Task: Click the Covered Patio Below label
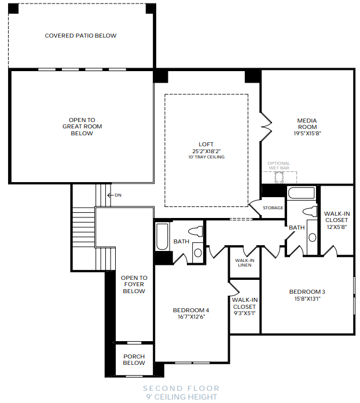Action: pyautogui.click(x=80, y=36)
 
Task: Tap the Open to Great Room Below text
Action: pyautogui.click(x=82, y=126)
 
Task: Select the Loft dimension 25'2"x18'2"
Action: pyautogui.click(x=206, y=151)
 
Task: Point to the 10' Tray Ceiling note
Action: pyautogui.click(x=206, y=157)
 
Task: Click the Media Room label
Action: pyautogui.click(x=307, y=124)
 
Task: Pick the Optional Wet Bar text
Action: pyautogui.click(x=279, y=165)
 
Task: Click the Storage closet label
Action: pyautogui.click(x=273, y=208)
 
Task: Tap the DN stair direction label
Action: pyautogui.click(x=118, y=195)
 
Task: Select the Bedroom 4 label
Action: pyautogui.click(x=191, y=310)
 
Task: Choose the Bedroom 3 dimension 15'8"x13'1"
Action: pyautogui.click(x=307, y=299)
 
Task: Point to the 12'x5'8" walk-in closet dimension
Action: pyautogui.click(x=336, y=227)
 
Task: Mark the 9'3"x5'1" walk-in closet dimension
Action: pyautogui.click(x=244, y=313)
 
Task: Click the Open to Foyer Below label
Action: pyautogui.click(x=134, y=284)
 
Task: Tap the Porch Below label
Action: pyautogui.click(x=134, y=360)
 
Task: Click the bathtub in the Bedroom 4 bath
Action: pyautogui.click(x=161, y=237)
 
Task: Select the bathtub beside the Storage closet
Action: pyautogui.click(x=301, y=193)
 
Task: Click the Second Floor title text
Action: pyautogui.click(x=181, y=388)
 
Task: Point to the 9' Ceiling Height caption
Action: pyautogui.click(x=181, y=397)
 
